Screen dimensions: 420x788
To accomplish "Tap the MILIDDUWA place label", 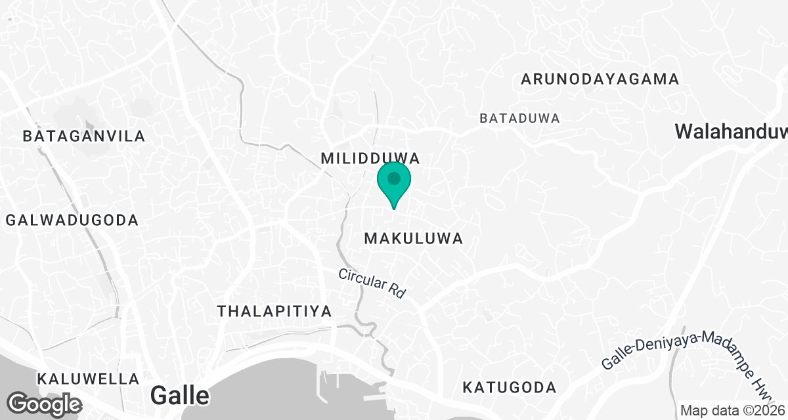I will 370,158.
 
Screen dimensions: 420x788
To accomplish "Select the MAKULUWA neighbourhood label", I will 414,238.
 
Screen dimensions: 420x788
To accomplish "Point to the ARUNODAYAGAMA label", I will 600,79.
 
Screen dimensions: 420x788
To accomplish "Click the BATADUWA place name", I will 519,119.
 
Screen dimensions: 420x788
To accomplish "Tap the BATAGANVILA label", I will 83,136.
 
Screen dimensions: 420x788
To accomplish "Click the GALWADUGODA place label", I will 72,220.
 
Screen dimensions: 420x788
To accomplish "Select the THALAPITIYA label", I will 274,311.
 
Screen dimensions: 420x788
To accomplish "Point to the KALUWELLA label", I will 88,379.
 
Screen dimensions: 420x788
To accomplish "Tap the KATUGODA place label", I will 509,387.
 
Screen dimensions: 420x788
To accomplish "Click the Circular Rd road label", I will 372,283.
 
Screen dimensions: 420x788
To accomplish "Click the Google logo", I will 44,403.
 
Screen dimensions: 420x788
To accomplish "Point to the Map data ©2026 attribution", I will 732,411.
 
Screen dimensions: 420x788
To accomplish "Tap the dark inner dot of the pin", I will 393,178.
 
